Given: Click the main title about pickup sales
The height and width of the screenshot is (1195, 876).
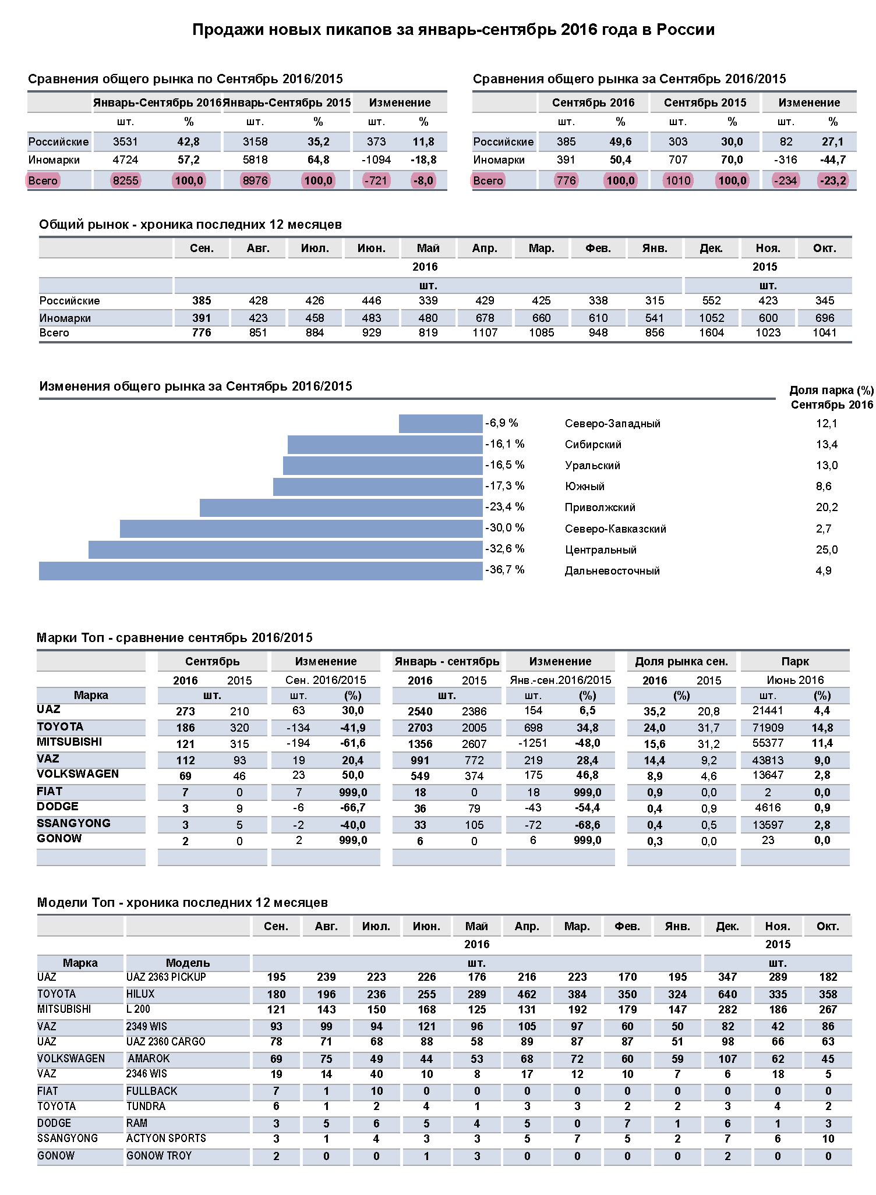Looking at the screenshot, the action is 453,30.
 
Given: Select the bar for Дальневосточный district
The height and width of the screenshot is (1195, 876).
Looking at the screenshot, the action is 260,570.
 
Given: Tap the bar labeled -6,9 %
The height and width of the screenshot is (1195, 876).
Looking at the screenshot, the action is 440,423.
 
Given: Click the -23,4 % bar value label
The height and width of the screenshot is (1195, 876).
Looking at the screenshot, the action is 505,506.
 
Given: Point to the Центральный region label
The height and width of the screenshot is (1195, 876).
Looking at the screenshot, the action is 601,549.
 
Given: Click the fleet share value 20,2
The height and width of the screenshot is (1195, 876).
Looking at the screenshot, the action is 826,507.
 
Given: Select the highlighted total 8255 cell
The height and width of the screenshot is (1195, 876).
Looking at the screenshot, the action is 126,180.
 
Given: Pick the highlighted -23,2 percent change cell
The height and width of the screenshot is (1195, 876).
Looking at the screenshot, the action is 833,180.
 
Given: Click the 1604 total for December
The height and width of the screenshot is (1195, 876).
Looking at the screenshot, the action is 711,332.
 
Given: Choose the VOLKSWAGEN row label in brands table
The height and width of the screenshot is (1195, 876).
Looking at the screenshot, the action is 77,774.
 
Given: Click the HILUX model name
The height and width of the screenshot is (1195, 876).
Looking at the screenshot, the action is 140,994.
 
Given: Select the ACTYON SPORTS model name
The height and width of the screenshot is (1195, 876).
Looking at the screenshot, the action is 166,1138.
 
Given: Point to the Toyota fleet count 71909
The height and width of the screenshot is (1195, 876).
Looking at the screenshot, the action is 768,728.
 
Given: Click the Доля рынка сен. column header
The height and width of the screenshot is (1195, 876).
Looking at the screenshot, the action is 681,661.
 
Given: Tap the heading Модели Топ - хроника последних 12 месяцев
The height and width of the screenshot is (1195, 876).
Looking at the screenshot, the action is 182,902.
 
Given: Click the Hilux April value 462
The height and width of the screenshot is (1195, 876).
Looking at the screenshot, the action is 527,994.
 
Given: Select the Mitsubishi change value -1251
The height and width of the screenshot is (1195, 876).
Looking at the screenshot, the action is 533,743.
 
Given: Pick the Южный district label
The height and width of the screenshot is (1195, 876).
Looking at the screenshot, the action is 585,486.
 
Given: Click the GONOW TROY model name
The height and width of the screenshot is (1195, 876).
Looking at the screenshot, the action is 159,1155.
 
